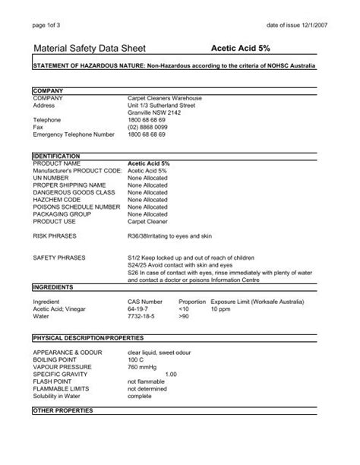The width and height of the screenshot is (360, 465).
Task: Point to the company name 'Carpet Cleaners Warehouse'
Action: pos(163,98)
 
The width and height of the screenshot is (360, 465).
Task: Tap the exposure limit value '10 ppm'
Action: pos(221,309)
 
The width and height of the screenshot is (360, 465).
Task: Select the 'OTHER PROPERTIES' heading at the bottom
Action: pos(62,410)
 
